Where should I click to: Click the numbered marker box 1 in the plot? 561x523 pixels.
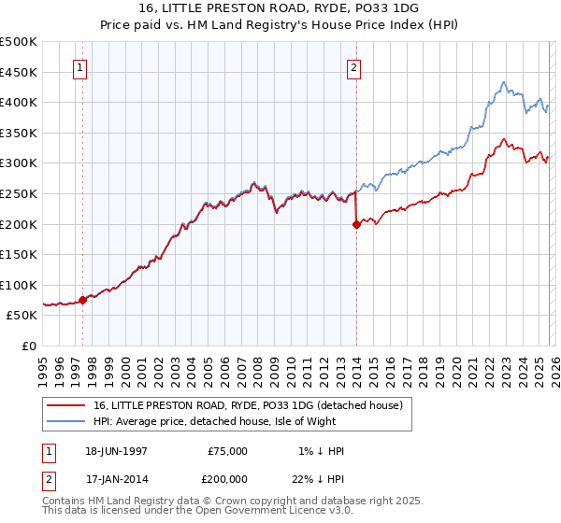tap(79, 67)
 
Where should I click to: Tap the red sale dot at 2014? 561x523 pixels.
tap(356, 224)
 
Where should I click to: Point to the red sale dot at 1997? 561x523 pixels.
tap(83, 300)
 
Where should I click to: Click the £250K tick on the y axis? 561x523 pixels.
tap(19, 193)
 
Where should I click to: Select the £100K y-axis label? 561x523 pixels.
tap(19, 285)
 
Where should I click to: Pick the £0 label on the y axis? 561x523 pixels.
tap(28, 346)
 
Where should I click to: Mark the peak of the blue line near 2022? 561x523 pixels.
tap(503, 82)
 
